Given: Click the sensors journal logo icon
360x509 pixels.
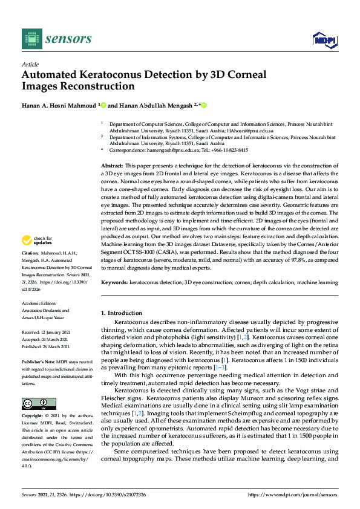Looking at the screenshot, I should [x=30, y=39].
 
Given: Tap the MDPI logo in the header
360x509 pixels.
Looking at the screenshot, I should [x=324, y=40].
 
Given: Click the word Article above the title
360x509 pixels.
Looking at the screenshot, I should [x=30, y=64].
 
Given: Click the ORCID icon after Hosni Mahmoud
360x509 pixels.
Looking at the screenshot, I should [x=103, y=105].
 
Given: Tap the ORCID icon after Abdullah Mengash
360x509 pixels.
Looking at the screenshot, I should [x=205, y=105].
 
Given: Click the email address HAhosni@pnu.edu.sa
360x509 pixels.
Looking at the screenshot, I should [x=252, y=131].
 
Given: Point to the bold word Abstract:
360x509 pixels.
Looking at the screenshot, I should [x=112, y=165].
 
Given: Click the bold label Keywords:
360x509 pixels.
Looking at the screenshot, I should [x=114, y=282].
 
